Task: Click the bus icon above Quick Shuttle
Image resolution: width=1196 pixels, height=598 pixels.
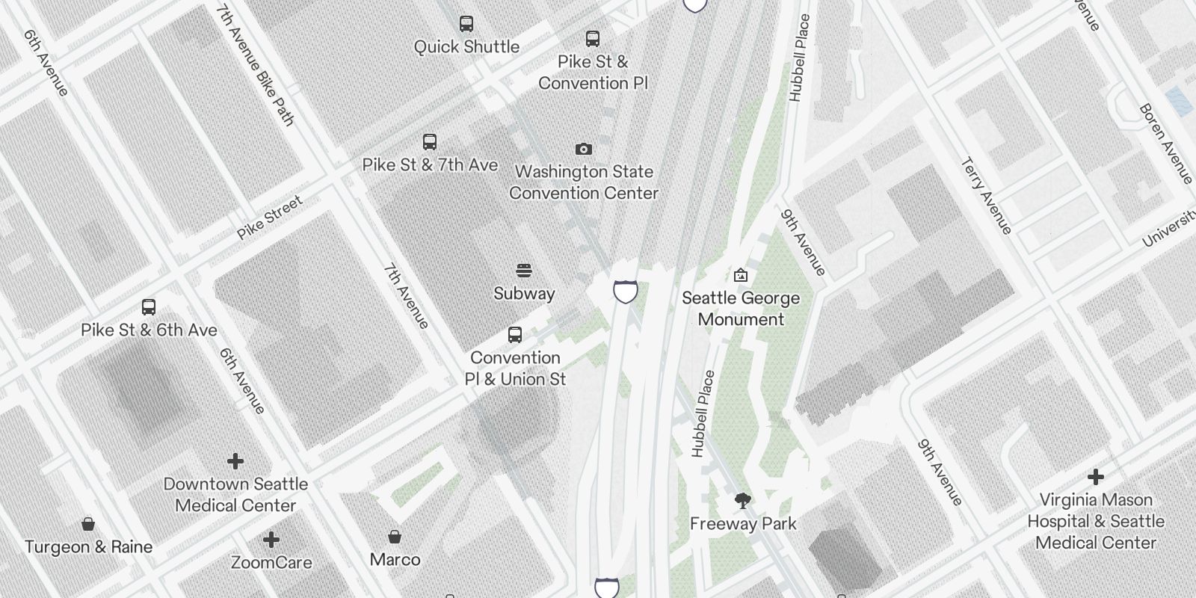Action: coord(466,24)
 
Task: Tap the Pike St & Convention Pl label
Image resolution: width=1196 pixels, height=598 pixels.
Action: coord(593,73)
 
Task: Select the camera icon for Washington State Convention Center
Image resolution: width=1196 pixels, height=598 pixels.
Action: coord(584,149)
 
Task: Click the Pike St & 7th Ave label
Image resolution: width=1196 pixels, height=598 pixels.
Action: coord(430,164)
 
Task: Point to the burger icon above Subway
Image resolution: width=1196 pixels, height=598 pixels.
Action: coord(524,271)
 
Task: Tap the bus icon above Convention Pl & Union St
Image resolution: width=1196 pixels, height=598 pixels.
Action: coord(515,335)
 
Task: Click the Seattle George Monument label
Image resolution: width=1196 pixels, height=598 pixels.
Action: coord(741,309)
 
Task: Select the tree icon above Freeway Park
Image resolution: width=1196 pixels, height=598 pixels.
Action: coord(742,501)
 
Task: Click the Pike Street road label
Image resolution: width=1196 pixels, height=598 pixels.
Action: coord(270,217)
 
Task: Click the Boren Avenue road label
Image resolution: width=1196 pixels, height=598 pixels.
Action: coord(1165,144)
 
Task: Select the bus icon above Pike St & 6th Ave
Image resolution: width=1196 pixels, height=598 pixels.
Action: coord(149,307)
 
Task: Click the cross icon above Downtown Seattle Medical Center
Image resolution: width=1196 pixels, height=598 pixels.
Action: coord(235,461)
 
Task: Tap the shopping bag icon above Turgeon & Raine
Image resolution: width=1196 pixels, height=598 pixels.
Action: coord(88,524)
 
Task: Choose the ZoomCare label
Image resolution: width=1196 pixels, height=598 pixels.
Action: coord(271,562)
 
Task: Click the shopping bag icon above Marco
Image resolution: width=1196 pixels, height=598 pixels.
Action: coord(395,537)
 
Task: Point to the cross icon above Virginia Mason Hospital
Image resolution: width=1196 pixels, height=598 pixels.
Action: coord(1096,477)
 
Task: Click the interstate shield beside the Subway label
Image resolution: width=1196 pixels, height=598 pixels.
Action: coord(625,292)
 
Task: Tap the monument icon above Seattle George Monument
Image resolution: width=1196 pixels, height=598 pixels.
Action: coord(740,275)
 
